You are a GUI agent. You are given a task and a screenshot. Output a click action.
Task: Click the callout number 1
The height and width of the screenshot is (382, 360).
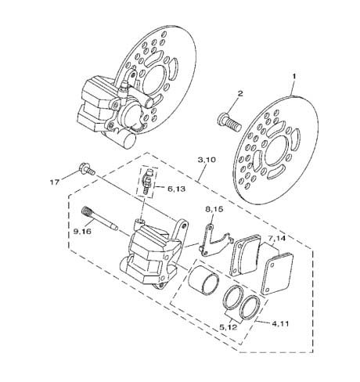[294, 77]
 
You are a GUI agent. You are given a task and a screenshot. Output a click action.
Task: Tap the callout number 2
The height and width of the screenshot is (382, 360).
[240, 94]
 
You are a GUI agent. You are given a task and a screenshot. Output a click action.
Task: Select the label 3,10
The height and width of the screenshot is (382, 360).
[207, 160]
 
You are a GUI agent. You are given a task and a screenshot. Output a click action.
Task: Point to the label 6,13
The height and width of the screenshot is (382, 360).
[176, 189]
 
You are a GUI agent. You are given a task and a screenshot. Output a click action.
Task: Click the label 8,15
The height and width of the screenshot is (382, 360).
[214, 209]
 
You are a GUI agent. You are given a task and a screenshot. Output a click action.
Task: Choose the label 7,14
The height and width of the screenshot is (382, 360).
[276, 238]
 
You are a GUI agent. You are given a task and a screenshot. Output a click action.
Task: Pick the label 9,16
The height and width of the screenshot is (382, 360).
[82, 231]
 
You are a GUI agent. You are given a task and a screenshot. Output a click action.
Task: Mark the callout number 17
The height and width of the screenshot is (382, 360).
[55, 182]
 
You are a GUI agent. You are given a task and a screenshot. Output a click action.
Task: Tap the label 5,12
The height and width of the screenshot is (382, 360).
[228, 327]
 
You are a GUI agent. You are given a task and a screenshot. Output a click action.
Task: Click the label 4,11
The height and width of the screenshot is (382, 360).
[280, 323]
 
